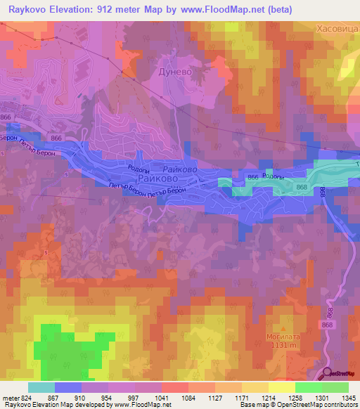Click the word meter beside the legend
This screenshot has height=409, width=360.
pyautogui.click(x=10, y=399)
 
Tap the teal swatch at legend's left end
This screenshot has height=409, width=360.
pyautogui.click(x=41, y=387)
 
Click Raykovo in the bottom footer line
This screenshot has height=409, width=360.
pyautogui.click(x=15, y=405)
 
